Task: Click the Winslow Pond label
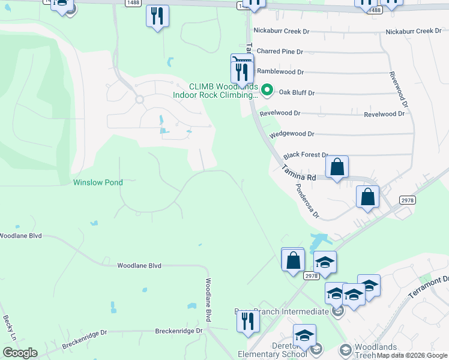pyautogui.click(x=98, y=182)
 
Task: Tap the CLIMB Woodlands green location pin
pyautogui.click(x=268, y=91)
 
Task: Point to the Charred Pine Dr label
pyautogui.click(x=280, y=52)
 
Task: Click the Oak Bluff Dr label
pyautogui.click(x=297, y=93)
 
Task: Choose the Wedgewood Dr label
pyautogui.click(x=292, y=134)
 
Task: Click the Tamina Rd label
pyautogui.click(x=299, y=174)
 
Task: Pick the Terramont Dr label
pyautogui.click(x=429, y=289)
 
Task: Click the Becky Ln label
pyautogui.click(x=8, y=327)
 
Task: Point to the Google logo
pyautogui.click(x=20, y=353)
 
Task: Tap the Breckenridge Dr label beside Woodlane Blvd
pyautogui.click(x=175, y=331)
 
